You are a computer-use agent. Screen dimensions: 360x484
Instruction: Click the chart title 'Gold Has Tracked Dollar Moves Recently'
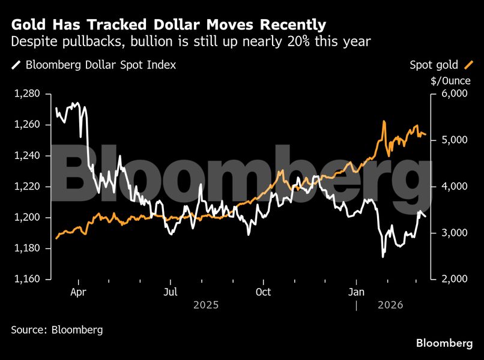coord(169,25)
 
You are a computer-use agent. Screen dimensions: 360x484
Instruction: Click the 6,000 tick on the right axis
coord(454,94)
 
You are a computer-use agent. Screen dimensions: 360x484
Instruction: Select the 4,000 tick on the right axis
coord(454,187)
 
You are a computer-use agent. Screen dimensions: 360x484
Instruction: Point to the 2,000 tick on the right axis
coord(454,279)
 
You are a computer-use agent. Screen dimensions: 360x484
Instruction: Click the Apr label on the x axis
coord(78,292)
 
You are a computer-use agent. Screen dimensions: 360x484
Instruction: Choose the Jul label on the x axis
coord(171,292)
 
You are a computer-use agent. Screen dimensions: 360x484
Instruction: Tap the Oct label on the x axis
coord(263,292)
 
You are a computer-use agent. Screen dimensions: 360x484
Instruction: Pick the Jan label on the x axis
coord(357,292)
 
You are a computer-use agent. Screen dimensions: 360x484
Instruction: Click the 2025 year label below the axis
coord(206,305)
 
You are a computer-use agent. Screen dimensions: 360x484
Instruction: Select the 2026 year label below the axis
coord(390,305)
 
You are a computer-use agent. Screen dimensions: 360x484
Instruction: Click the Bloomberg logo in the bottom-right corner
coord(444,343)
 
